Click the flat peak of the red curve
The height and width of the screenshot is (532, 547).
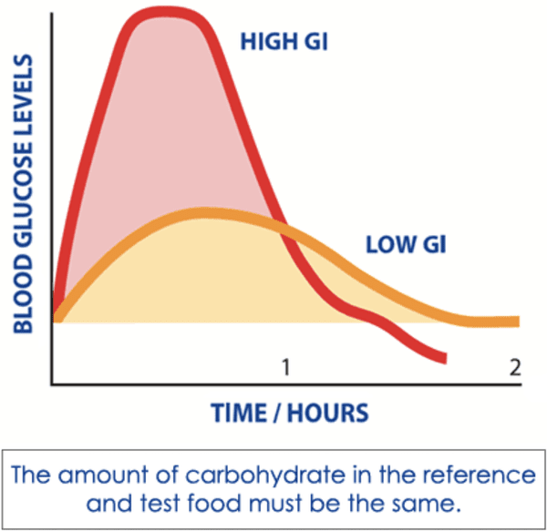[x=170, y=13]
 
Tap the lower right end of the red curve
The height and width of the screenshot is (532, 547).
[x=444, y=359]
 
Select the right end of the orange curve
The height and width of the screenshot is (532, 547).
[x=516, y=322]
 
